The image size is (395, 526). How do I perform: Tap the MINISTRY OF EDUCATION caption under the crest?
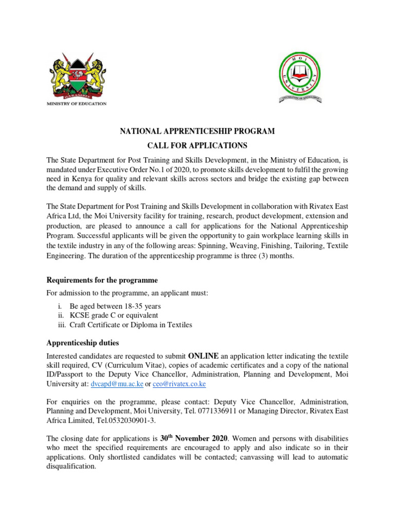pos(77,104)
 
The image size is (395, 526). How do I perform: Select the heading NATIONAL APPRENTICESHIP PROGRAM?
pos(197,131)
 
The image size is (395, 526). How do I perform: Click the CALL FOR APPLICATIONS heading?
pos(197,145)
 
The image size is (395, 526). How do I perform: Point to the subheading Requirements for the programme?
pos(102,280)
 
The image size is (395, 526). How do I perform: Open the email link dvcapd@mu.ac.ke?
pos(116,384)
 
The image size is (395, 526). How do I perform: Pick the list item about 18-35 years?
pos(112,306)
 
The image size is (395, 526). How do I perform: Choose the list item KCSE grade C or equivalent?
pos(118,315)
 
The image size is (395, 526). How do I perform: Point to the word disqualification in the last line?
pos(71,467)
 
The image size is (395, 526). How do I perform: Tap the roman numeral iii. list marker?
pos(62,324)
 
